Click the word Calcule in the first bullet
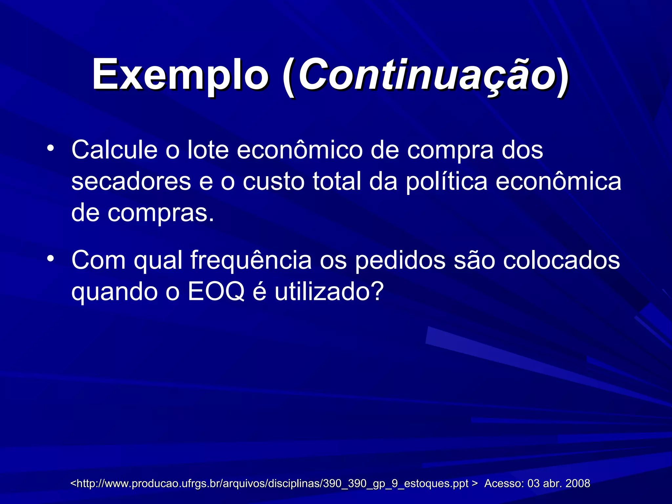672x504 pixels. (115, 150)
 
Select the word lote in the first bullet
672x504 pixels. (208, 150)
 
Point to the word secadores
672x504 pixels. (131, 181)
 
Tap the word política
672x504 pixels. (447, 181)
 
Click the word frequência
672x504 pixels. (251, 260)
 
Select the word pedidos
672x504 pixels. (401, 260)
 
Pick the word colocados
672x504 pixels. (561, 260)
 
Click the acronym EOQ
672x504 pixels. (216, 292)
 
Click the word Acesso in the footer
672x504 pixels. (504, 483)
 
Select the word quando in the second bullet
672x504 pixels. (115, 292)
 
